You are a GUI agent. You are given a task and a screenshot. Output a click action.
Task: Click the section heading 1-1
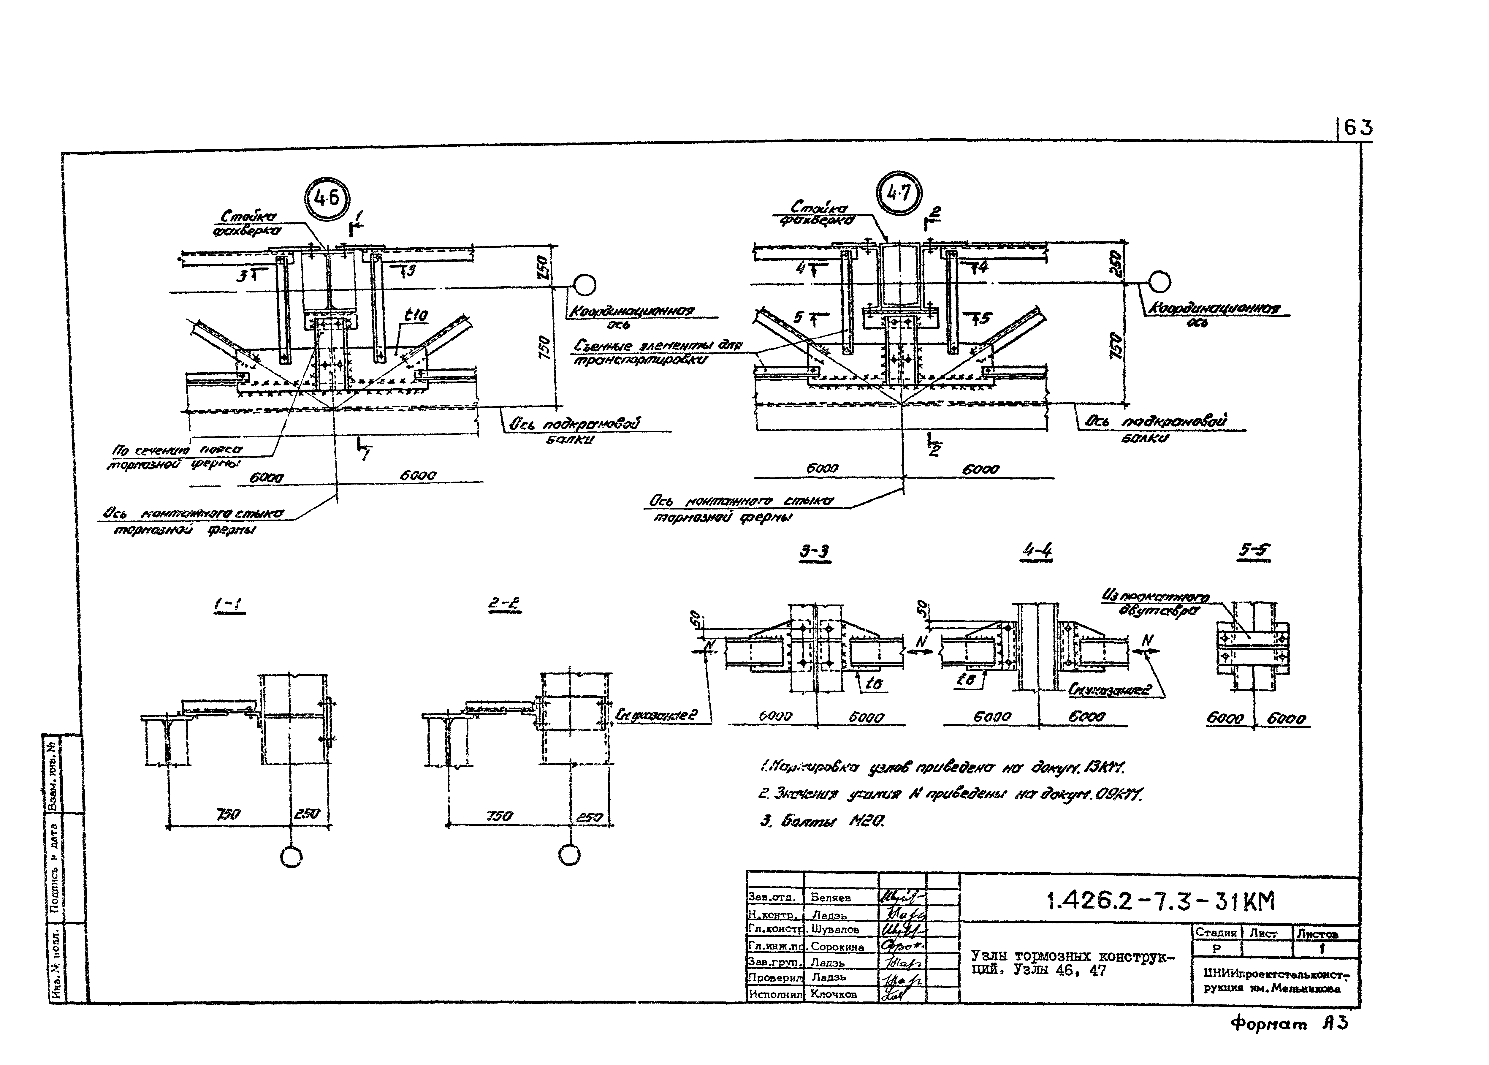click(x=229, y=606)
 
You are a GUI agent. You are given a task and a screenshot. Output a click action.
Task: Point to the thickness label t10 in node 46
click(x=416, y=316)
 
